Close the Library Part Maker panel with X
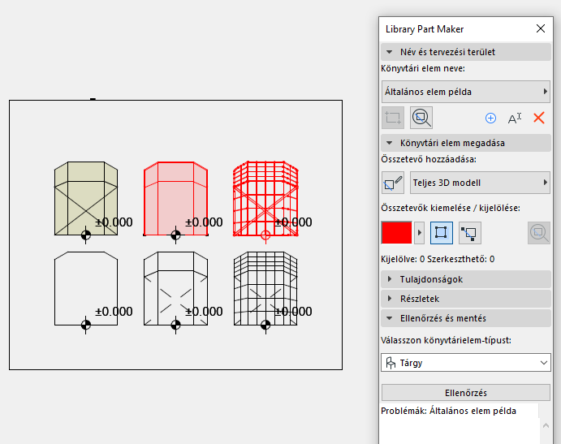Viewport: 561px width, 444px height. tap(541, 28)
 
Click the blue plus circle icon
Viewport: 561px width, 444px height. tap(490, 118)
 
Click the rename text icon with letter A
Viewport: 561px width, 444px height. tap(515, 118)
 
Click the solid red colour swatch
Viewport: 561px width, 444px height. tap(396, 233)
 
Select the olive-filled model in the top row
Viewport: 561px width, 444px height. tap(85, 199)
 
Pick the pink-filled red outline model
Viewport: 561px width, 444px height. tap(175, 199)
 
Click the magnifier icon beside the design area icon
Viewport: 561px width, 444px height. tap(421, 118)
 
